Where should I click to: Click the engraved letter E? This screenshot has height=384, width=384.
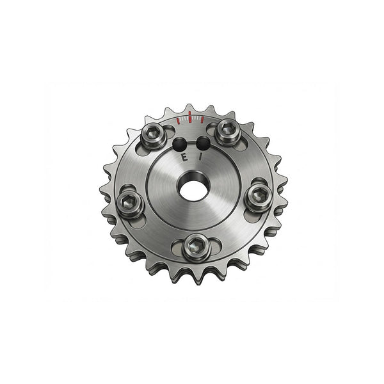(184, 157)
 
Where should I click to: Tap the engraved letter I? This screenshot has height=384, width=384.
(200, 157)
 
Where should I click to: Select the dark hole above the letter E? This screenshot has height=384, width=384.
(180, 144)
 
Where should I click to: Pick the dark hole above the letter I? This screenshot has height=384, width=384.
(203, 143)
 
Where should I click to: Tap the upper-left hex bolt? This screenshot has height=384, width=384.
(154, 135)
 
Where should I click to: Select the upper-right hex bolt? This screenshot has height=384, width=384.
(227, 131)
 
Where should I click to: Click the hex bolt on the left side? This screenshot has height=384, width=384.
(130, 203)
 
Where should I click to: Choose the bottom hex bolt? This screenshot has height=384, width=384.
(196, 247)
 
